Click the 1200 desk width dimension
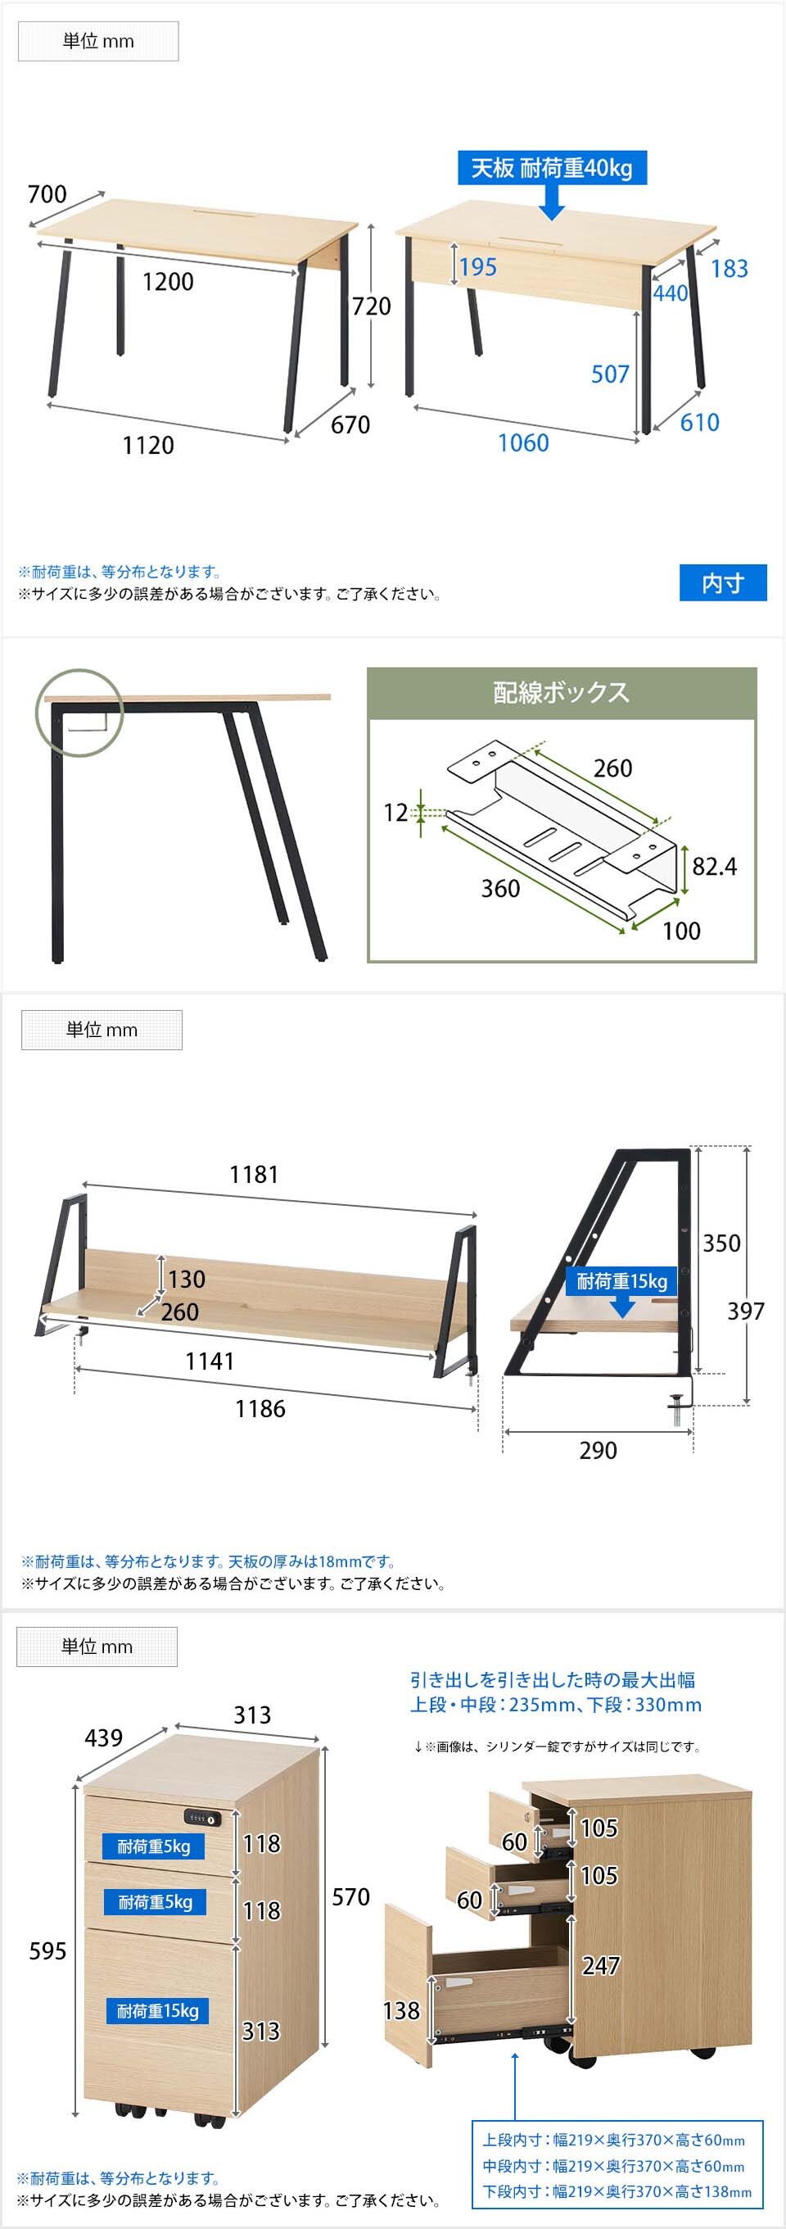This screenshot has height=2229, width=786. coord(168,281)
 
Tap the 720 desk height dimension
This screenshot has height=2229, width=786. coord(371,306)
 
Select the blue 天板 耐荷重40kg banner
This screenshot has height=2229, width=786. coord(551,168)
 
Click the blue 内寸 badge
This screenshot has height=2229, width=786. coord(723,582)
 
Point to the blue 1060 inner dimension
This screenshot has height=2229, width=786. coord(523,442)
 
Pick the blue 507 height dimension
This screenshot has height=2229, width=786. coord(610,374)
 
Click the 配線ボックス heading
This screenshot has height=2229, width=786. coord(561,692)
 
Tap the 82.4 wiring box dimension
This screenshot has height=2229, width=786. coord(714,866)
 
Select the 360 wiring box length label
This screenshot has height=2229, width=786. coord(500,889)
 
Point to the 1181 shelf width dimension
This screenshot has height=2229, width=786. coord(253,1174)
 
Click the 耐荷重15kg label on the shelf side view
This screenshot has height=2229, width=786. coord(621,1281)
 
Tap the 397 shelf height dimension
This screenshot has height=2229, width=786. coord(745,1311)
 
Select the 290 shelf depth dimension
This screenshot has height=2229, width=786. coord(599,1450)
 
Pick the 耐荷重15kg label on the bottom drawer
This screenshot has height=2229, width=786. coord(157,2011)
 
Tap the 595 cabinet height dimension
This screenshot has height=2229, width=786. coord(47,1951)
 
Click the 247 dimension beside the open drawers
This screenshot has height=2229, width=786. coord(601,1966)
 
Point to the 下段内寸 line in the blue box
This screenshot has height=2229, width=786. coord(617,2192)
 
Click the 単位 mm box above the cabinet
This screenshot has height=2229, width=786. coord(97,1647)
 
